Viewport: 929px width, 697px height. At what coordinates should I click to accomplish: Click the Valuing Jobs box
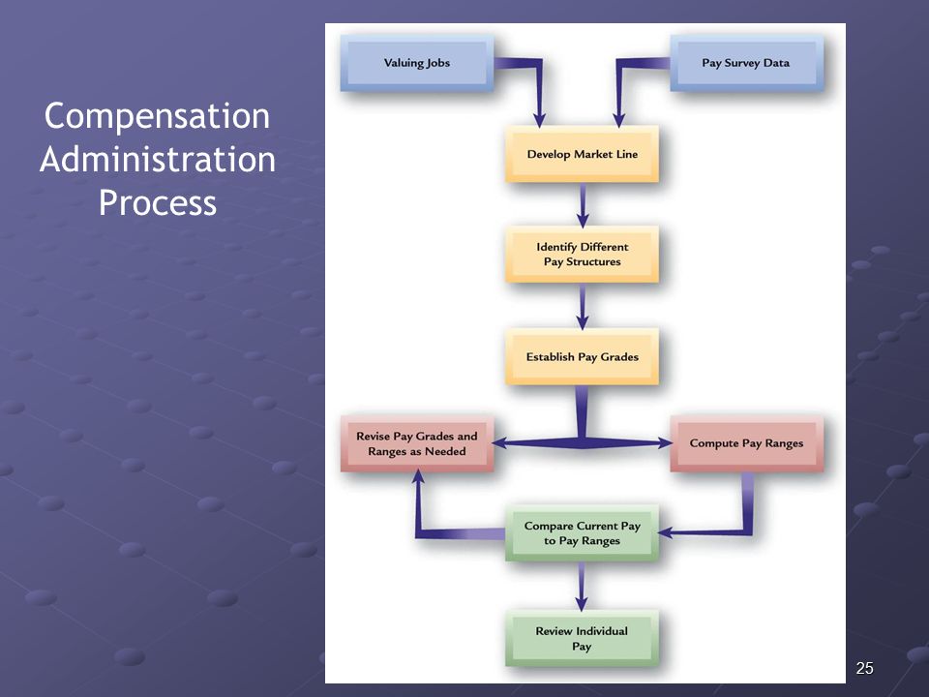click(x=416, y=63)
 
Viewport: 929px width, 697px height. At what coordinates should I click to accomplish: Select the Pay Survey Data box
click(x=746, y=63)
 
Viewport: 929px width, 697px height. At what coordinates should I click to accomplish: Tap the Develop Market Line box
click(x=582, y=154)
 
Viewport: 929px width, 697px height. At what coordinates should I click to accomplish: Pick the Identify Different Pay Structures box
click(x=582, y=255)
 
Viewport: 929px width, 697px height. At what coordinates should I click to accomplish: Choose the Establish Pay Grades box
click(x=582, y=357)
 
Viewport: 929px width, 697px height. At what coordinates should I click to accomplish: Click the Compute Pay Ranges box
click(x=746, y=443)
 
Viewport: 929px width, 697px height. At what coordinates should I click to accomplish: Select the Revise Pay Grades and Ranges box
click(x=416, y=443)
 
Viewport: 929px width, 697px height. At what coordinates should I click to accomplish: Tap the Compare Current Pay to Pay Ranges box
click(x=582, y=532)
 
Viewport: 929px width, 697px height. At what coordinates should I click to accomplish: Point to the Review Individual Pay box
click(x=582, y=638)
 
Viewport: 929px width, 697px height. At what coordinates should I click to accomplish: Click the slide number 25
click(x=864, y=668)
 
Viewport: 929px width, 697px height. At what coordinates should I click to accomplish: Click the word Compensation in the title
click(x=157, y=116)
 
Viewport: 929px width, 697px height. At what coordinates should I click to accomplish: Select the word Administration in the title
click(x=158, y=160)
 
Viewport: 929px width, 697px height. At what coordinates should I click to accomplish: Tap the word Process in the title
click(x=158, y=203)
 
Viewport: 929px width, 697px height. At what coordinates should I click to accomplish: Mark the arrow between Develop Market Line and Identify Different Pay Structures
click(x=583, y=205)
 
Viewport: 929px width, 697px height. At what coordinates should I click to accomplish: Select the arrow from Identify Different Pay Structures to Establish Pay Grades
click(x=583, y=307)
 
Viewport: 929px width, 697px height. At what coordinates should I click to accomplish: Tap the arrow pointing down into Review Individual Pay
click(x=582, y=587)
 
